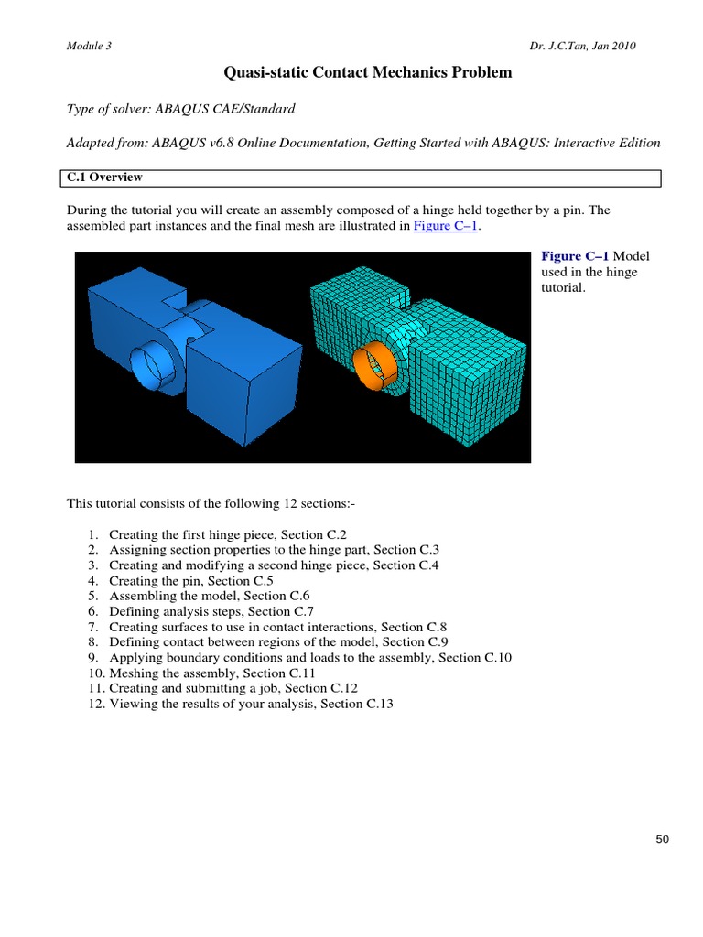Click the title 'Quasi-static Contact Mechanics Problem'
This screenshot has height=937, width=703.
coord(369,71)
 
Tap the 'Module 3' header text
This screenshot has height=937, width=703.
coord(89,46)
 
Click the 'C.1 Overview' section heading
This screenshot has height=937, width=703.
coord(103,178)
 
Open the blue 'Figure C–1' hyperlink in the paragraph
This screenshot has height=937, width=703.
coord(447,227)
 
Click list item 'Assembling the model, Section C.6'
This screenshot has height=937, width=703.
coord(210,596)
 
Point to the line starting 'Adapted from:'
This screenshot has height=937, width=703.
coord(363,143)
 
